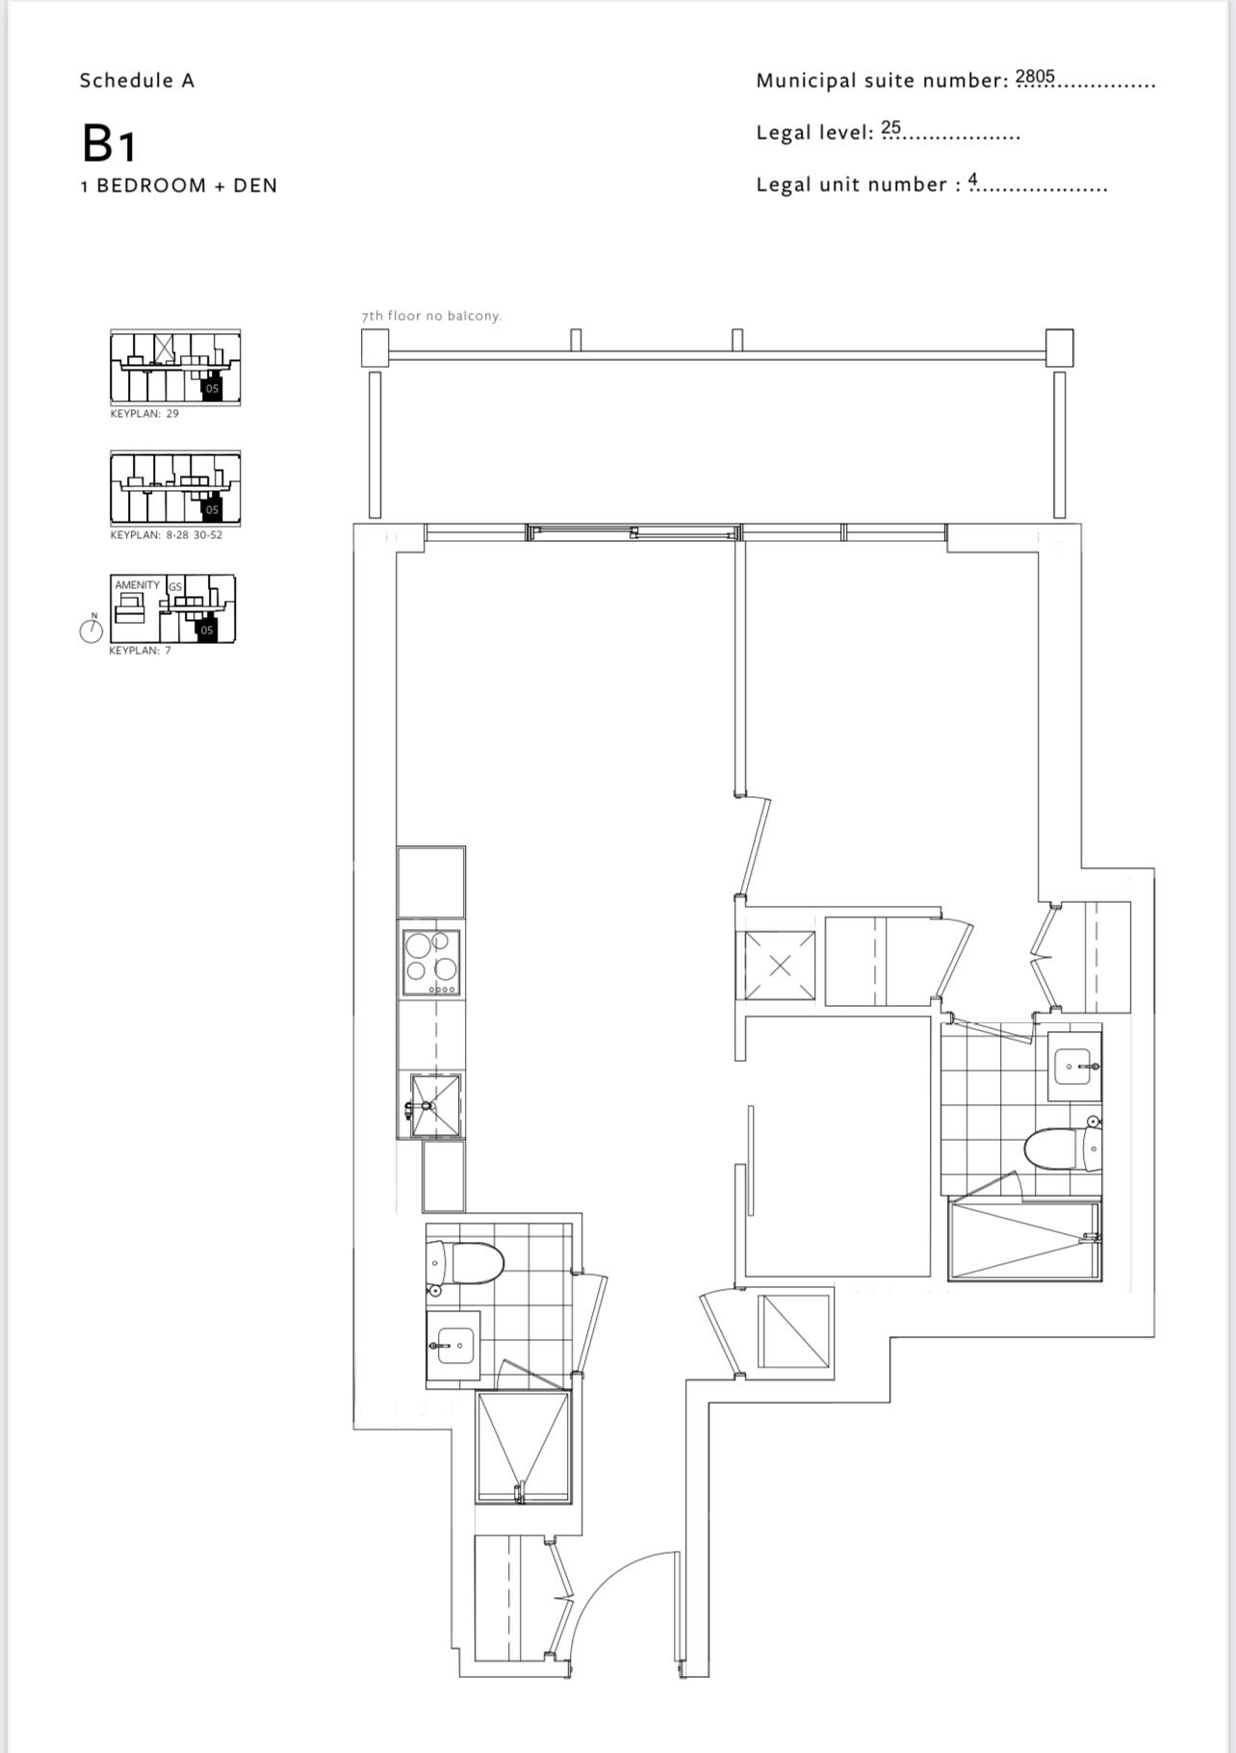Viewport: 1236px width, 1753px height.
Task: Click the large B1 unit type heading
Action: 109,143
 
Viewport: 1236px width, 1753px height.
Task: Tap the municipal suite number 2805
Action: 1036,76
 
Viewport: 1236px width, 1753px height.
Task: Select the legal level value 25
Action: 890,127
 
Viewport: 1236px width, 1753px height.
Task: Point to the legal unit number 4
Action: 973,179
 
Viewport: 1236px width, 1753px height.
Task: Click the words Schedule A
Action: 137,81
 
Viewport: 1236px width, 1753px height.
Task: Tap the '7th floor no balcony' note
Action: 431,316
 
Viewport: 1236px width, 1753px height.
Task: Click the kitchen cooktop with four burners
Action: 431,962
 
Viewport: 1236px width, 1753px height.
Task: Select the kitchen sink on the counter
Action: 435,1106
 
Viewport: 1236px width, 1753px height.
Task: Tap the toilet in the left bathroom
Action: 465,1262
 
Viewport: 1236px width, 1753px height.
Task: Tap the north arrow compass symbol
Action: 91,630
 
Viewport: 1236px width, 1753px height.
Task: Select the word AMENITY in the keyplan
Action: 138,585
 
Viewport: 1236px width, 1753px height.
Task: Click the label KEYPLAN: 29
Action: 144,414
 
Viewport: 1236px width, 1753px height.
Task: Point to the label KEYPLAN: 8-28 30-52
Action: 167,535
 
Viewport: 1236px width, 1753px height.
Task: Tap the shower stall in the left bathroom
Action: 524,1446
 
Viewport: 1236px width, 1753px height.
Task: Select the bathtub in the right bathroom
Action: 1024,1241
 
